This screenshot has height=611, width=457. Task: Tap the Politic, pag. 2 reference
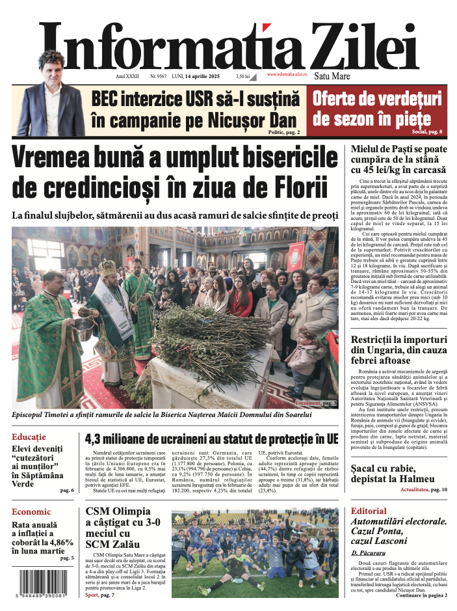point(283,132)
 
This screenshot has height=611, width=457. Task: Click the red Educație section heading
point(29,436)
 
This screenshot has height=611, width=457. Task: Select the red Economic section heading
point(31,511)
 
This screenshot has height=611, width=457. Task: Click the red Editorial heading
point(369,511)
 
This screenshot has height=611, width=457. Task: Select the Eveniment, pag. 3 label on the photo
point(315,403)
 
